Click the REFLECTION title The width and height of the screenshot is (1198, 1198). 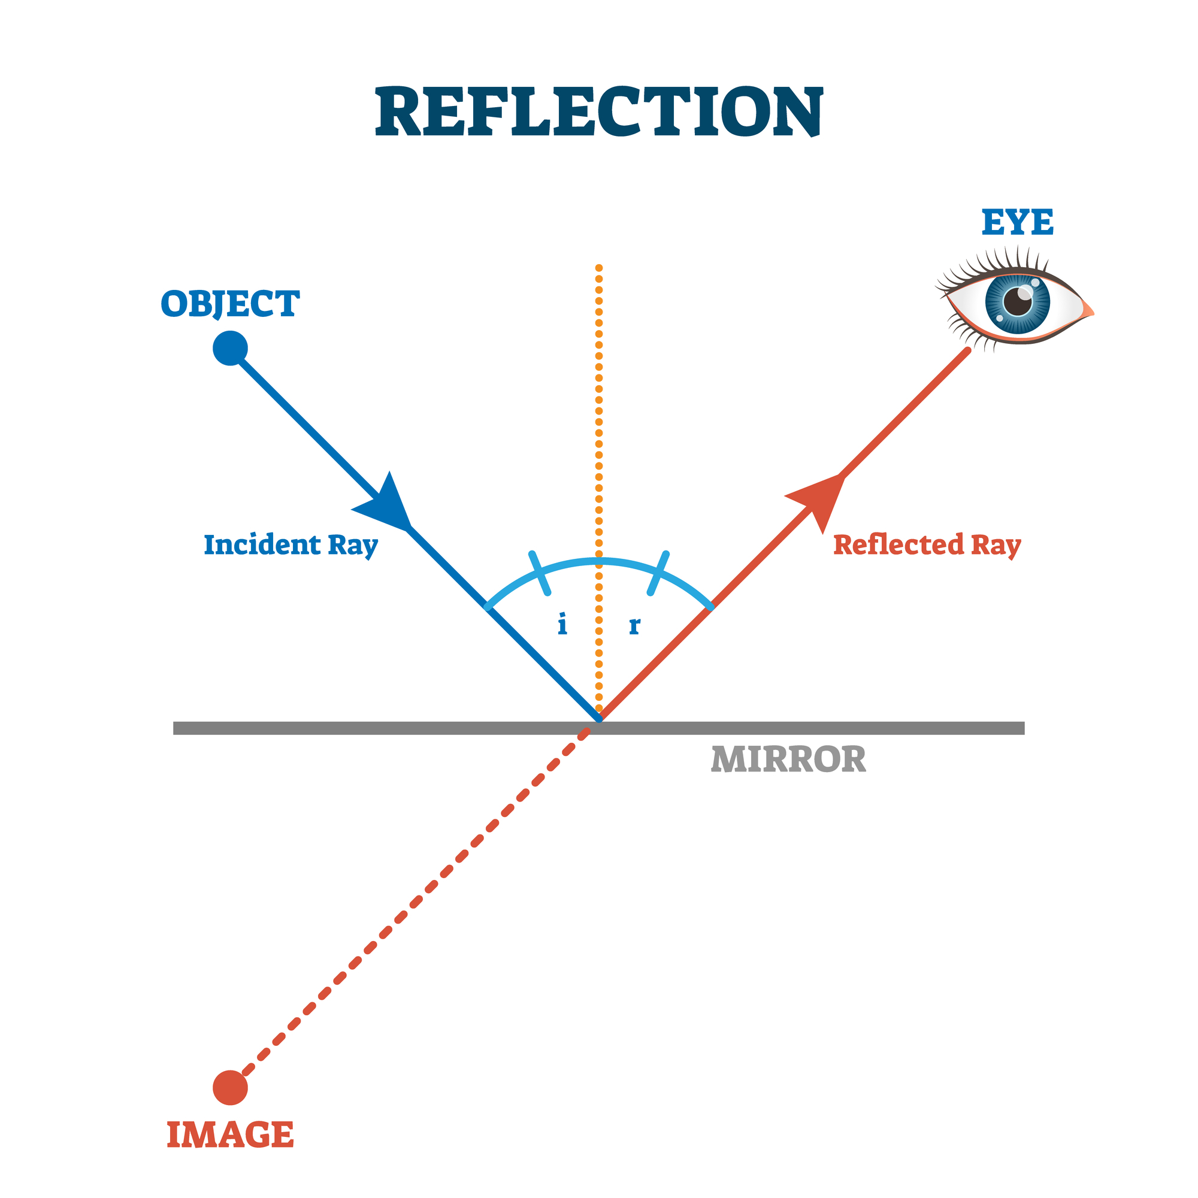point(599,111)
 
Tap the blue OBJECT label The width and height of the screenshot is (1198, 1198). point(230,304)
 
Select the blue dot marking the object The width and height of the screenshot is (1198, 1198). point(230,348)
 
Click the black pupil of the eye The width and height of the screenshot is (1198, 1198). point(1018,302)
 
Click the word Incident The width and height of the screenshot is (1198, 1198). point(262,545)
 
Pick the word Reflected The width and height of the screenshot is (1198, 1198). point(898,545)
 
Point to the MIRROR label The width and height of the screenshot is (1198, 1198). point(788,760)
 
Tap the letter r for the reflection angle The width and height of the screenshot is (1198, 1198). point(634,626)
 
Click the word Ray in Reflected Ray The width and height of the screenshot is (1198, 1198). point(996,546)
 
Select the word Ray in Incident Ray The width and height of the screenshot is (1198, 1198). point(353,546)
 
